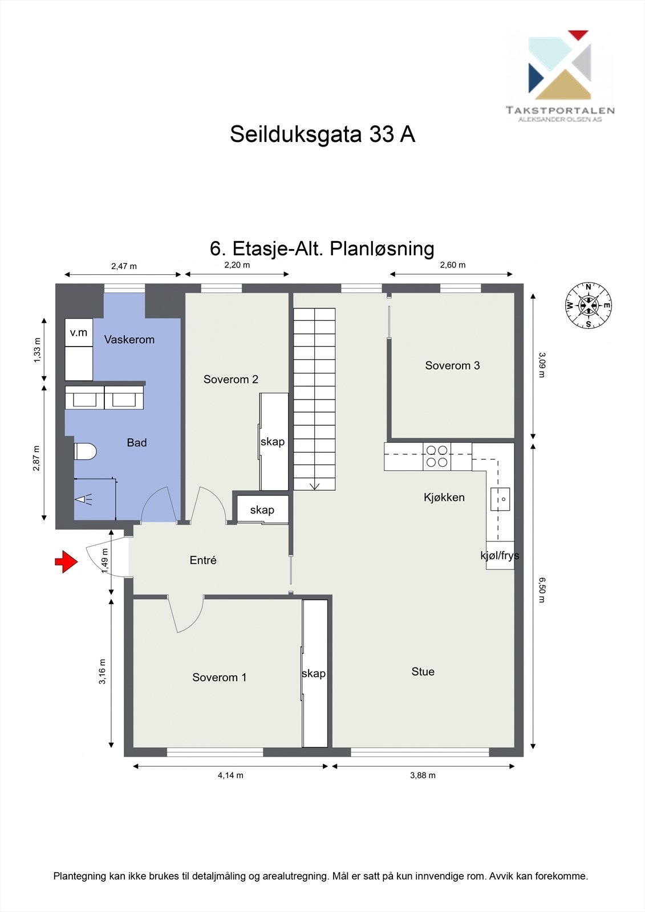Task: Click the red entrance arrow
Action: click(66, 561)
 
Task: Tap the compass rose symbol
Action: click(588, 306)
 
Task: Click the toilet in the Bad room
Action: click(86, 451)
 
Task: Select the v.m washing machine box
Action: click(79, 332)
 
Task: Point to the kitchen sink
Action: click(500, 499)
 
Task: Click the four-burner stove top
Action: click(437, 457)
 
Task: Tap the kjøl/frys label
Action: click(500, 555)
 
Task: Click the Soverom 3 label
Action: click(452, 365)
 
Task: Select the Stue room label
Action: click(423, 671)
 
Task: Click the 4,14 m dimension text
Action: click(230, 775)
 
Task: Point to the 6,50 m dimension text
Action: click(542, 590)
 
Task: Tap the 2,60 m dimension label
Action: click(452, 264)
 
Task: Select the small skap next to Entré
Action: click(262, 510)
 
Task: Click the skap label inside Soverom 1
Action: click(314, 673)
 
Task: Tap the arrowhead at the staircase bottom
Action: click(314, 486)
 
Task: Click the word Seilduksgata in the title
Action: click(296, 135)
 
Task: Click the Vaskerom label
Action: click(129, 339)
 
